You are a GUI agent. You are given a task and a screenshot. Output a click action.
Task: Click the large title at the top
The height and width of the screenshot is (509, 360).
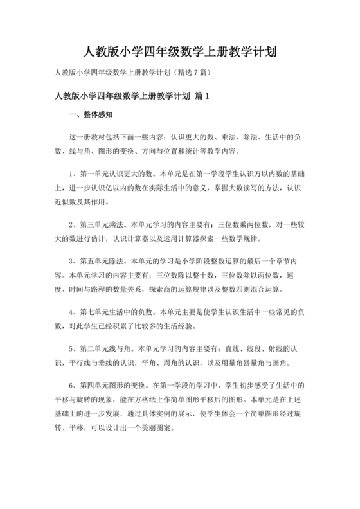[180, 51]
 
